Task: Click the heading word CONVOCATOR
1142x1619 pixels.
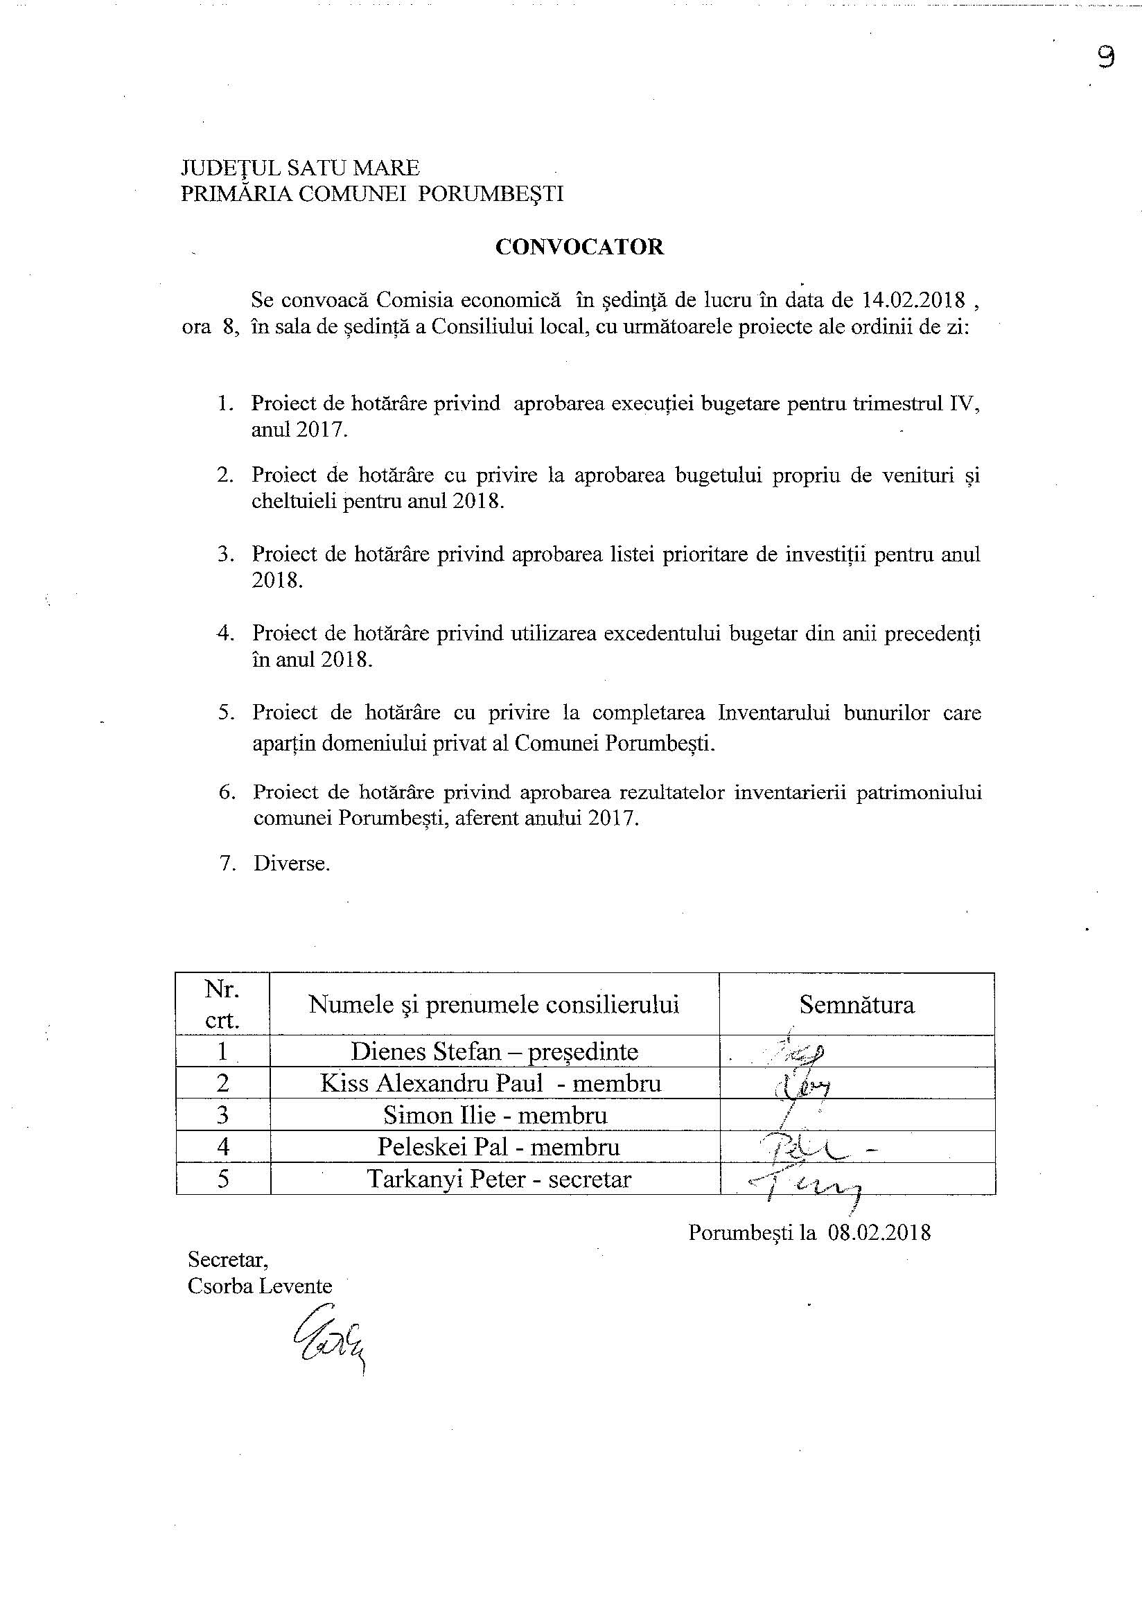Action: click(579, 247)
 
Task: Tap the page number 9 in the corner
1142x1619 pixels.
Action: click(1105, 57)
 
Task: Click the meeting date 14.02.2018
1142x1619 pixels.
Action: click(913, 300)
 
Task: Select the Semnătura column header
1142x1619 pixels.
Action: click(856, 1004)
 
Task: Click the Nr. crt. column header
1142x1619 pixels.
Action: click(222, 1004)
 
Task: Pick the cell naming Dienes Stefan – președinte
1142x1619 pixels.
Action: click(494, 1051)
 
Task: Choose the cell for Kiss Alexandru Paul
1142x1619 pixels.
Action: click(491, 1083)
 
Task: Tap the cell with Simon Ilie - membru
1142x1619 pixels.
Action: click(495, 1115)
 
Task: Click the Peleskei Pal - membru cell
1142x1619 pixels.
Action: click(498, 1146)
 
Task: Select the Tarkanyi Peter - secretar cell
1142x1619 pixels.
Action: click(499, 1178)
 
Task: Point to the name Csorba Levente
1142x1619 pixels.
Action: click(259, 1286)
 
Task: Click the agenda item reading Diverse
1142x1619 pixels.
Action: click(292, 864)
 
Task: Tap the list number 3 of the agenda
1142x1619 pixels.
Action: click(226, 554)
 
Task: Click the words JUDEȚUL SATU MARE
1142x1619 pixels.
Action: click(300, 168)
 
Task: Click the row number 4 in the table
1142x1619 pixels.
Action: click(222, 1146)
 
